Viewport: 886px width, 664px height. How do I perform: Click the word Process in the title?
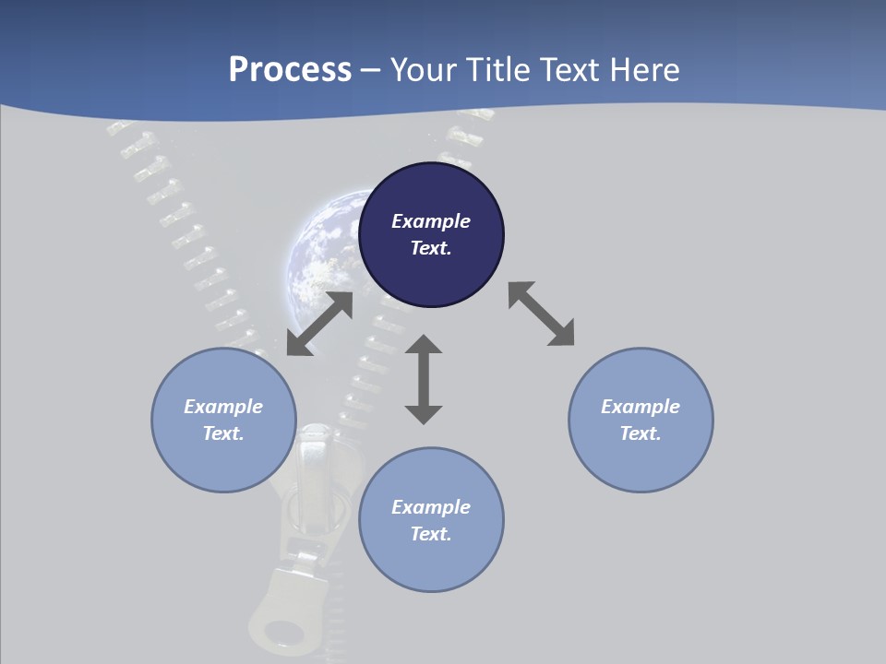tap(290, 70)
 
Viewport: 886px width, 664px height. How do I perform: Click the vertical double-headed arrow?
tap(424, 380)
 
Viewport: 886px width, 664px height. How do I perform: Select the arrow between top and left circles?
tap(319, 324)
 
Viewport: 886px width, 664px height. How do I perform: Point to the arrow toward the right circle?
tap(542, 314)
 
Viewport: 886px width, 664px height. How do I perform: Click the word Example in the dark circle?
tap(431, 221)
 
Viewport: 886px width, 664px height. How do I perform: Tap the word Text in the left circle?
tap(222, 433)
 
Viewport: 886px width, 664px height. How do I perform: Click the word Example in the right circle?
tap(641, 407)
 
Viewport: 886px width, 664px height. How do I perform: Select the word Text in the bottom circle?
tap(430, 534)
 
